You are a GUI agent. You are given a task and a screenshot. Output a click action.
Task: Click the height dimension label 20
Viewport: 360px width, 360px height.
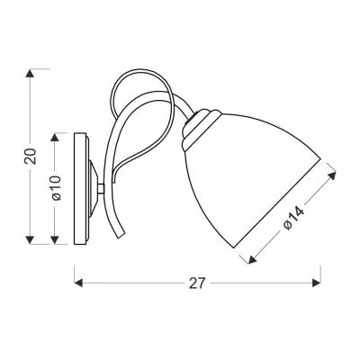31,157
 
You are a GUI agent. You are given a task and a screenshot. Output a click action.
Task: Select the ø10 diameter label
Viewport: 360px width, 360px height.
56,188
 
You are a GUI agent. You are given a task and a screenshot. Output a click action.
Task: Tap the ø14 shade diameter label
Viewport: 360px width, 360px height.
294,218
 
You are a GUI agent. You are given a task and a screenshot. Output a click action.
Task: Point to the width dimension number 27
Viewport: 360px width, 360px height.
197,283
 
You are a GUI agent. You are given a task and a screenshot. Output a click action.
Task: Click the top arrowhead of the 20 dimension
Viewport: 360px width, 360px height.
30,74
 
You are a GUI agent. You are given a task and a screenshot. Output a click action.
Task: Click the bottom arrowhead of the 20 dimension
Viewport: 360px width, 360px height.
30,240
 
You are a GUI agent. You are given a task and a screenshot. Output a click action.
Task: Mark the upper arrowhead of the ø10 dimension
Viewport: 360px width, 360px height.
54,137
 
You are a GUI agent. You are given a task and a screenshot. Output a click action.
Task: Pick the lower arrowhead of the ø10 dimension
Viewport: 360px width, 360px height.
54,240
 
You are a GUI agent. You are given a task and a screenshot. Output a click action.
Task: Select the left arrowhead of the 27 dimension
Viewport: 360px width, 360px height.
78,283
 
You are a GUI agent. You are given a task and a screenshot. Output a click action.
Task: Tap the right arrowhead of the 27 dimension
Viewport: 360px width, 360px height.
317,283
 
